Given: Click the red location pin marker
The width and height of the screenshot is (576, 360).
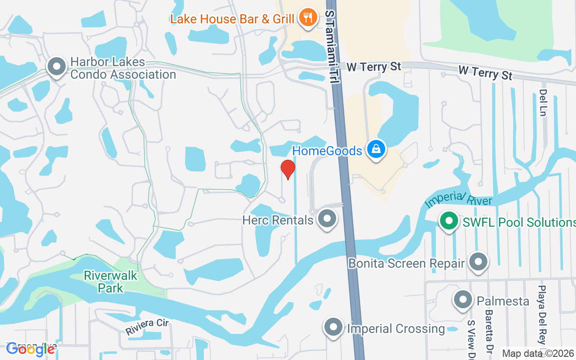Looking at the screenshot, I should pyautogui.click(x=288, y=169).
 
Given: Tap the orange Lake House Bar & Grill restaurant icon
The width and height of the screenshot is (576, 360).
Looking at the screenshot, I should pyautogui.click(x=308, y=18).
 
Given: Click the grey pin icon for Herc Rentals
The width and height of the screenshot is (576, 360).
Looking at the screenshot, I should pyautogui.click(x=327, y=219).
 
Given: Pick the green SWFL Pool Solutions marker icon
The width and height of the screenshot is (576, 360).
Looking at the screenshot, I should pyautogui.click(x=449, y=221).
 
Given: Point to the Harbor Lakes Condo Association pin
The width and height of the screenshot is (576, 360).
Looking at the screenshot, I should pyautogui.click(x=57, y=67).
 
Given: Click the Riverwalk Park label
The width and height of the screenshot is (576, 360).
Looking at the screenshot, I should pyautogui.click(x=111, y=282).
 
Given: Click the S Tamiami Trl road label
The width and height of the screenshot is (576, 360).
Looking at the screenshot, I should pyautogui.click(x=333, y=45).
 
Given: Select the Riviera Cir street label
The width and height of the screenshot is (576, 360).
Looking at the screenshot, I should pyautogui.click(x=147, y=327).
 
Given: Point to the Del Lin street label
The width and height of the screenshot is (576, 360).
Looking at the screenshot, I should pyautogui.click(x=543, y=103).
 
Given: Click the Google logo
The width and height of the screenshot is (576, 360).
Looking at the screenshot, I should pyautogui.click(x=31, y=350).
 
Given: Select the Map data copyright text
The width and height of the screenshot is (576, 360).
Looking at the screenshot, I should pyautogui.click(x=538, y=354).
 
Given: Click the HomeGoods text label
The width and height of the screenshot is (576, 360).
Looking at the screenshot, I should pyautogui.click(x=327, y=151).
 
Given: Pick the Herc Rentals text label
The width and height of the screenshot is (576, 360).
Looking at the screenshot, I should pyautogui.click(x=278, y=220).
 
